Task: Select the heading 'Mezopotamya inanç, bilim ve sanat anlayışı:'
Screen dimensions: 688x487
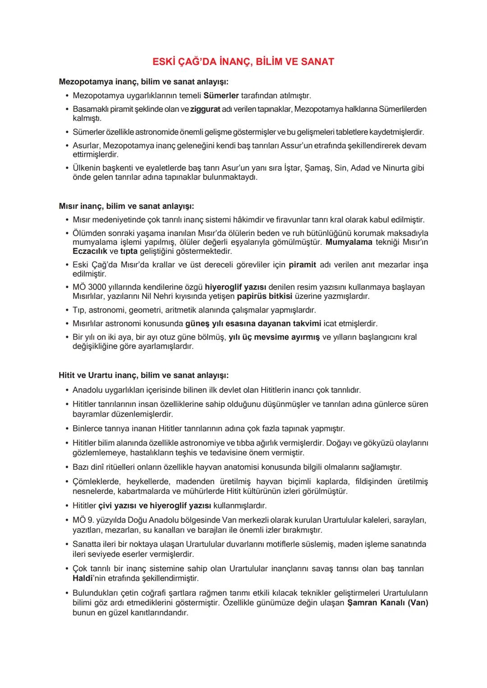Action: tap(143, 82)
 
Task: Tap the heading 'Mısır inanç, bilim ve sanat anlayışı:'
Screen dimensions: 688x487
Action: tap(126, 206)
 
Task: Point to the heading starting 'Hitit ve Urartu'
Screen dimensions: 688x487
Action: tap(143, 375)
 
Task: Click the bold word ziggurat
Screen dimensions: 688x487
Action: tap(205, 109)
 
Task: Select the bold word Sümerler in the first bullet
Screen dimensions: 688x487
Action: tap(221, 96)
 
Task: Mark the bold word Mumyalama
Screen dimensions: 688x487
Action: tap(349, 242)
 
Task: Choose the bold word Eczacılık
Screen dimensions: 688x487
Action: tap(90, 251)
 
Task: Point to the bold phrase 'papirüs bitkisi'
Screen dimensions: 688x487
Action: tap(265, 296)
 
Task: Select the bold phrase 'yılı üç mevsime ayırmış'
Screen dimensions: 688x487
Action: tap(274, 337)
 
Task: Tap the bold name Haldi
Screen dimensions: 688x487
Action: tap(83, 578)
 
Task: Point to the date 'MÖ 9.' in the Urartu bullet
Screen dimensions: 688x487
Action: tap(83, 520)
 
